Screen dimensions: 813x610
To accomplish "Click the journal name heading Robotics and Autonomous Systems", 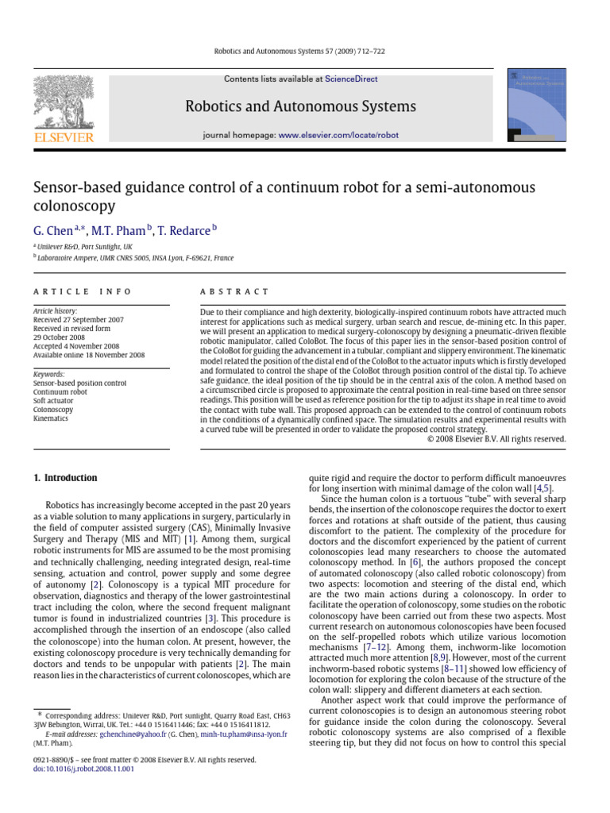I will tap(300, 106).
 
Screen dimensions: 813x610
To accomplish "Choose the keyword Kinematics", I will tap(51, 418).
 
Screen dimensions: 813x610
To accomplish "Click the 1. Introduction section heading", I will tap(65, 478).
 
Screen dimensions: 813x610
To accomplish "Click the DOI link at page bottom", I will tap(83, 769).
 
